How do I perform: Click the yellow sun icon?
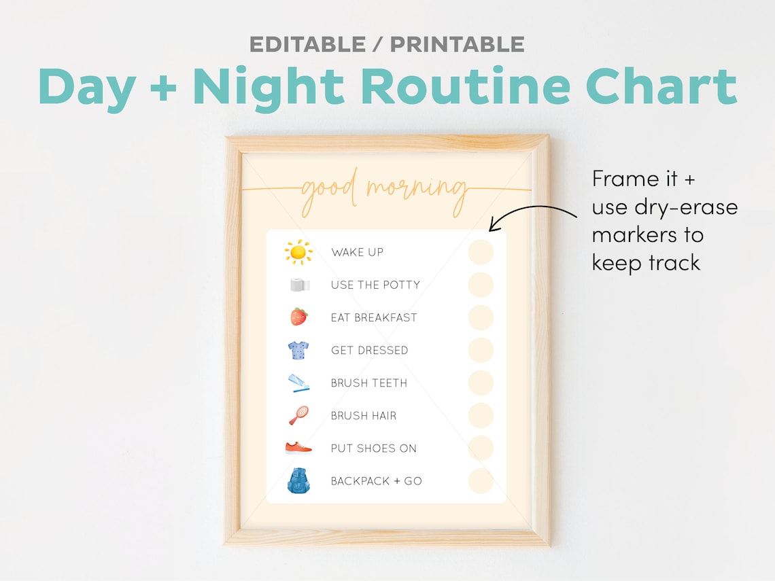tap(298, 252)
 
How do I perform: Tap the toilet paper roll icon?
tap(299, 285)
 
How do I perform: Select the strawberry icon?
tap(298, 317)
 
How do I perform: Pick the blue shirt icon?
tap(298, 350)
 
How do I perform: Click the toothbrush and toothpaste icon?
tap(299, 383)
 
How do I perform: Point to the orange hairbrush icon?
tap(298, 415)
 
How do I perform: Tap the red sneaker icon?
tap(298, 448)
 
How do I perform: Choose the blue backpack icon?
tap(298, 480)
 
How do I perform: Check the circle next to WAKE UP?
tap(481, 252)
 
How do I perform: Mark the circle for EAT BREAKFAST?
tap(481, 317)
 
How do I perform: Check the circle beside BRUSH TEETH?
tap(481, 383)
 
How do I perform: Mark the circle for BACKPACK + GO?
tap(481, 480)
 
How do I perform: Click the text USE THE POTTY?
tap(375, 285)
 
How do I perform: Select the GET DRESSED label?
tap(369, 350)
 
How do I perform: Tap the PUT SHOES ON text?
tap(373, 448)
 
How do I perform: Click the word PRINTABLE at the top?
tap(457, 44)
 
